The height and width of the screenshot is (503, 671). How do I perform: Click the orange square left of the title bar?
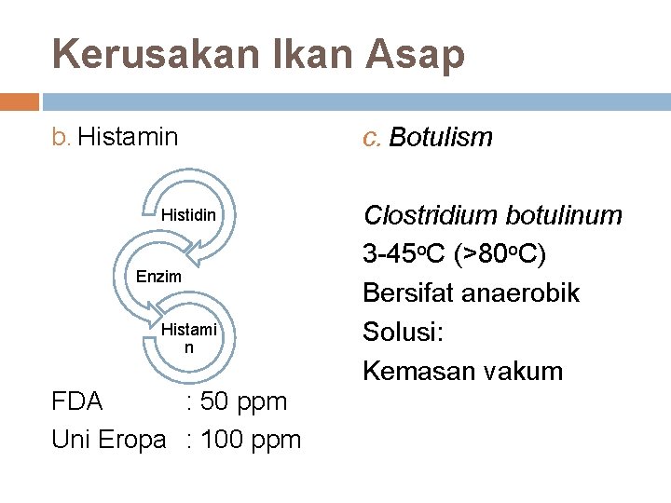[20, 101]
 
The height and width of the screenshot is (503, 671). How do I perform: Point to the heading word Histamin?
[128, 138]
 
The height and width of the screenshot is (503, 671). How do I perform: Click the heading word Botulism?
[441, 138]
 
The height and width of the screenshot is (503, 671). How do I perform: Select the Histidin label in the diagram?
[189, 215]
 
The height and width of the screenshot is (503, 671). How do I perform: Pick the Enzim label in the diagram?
[158, 277]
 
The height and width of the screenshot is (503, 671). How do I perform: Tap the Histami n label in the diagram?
[189, 337]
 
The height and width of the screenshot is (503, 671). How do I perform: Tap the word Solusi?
[403, 333]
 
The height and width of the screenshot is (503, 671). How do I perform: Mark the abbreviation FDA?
[78, 401]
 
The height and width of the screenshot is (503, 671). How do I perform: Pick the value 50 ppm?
[245, 401]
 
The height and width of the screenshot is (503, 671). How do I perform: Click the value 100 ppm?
[252, 439]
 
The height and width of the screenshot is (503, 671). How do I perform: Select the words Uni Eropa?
[108, 439]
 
